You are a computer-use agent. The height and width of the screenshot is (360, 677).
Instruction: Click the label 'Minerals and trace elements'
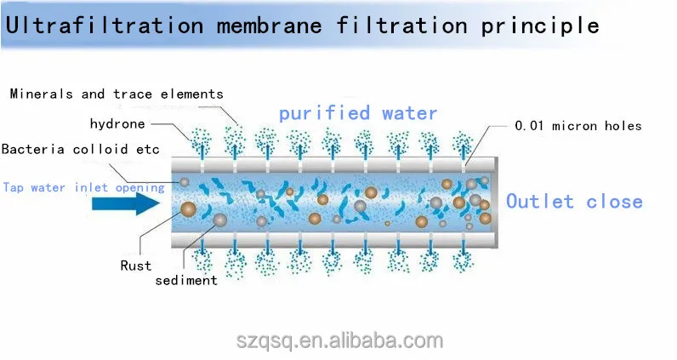click(117, 94)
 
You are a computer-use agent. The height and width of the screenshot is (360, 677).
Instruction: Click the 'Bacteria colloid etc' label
click(80, 150)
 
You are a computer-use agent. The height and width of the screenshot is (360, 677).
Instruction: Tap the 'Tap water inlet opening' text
click(82, 187)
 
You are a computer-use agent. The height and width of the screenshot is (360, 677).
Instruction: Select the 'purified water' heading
click(358, 112)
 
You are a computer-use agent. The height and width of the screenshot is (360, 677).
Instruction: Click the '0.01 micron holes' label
click(578, 126)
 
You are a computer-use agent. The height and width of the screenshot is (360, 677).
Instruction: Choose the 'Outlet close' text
click(574, 202)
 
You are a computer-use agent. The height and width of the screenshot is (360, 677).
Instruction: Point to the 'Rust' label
click(135, 265)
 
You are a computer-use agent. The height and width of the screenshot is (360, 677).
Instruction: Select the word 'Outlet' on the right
click(540, 202)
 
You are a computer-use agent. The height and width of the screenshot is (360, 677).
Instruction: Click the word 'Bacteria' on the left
click(32, 150)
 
